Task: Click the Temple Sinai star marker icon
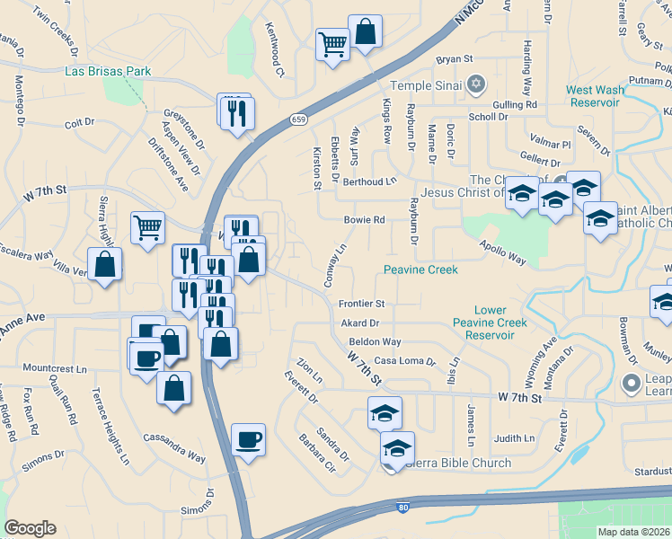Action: pyautogui.click(x=477, y=85)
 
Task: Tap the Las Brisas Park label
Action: pyautogui.click(x=108, y=71)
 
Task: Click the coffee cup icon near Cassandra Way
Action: pyautogui.click(x=248, y=439)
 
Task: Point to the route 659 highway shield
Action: pyautogui.click(x=298, y=119)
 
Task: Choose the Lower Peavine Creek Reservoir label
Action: pyautogui.click(x=490, y=323)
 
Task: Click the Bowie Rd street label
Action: pyautogui.click(x=365, y=219)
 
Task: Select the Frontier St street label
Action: pyautogui.click(x=361, y=304)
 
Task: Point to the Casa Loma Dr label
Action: pyautogui.click(x=404, y=361)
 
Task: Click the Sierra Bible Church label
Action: pyautogui.click(x=458, y=464)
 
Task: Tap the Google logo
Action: pyautogui.click(x=30, y=528)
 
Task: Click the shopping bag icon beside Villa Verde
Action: pyautogui.click(x=105, y=264)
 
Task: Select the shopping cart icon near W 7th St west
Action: pyautogui.click(x=147, y=226)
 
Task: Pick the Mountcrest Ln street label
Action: pyautogui.click(x=54, y=368)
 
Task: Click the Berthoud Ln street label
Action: pyautogui.click(x=369, y=181)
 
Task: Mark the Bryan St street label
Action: pyautogui.click(x=455, y=59)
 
